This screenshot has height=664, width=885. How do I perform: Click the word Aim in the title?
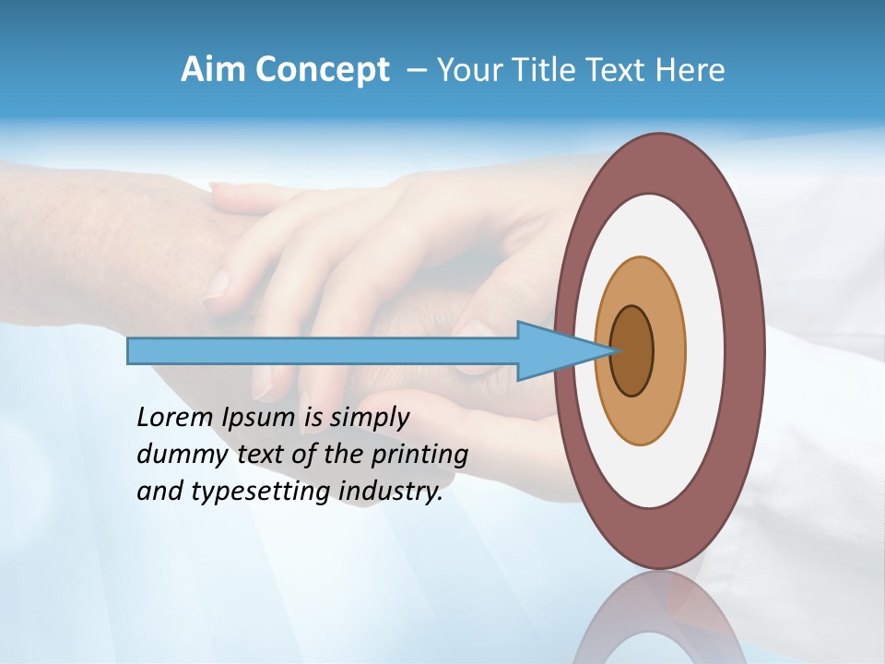(x=209, y=70)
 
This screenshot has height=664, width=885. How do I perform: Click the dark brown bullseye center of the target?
(x=631, y=351)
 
